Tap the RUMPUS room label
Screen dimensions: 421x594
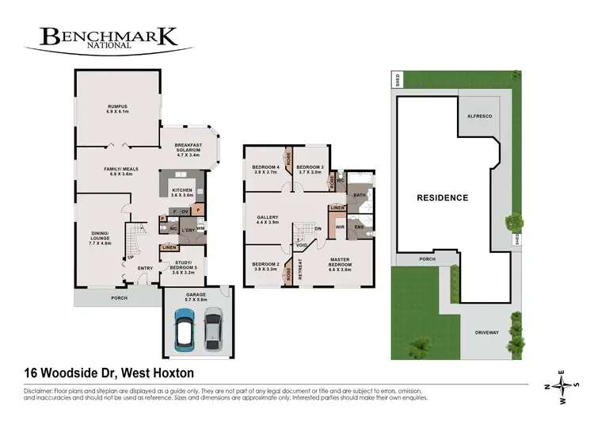click(118, 109)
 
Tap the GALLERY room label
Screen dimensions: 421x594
click(268, 220)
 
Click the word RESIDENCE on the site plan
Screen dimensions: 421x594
click(443, 197)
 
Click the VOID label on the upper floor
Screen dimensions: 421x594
click(301, 246)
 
